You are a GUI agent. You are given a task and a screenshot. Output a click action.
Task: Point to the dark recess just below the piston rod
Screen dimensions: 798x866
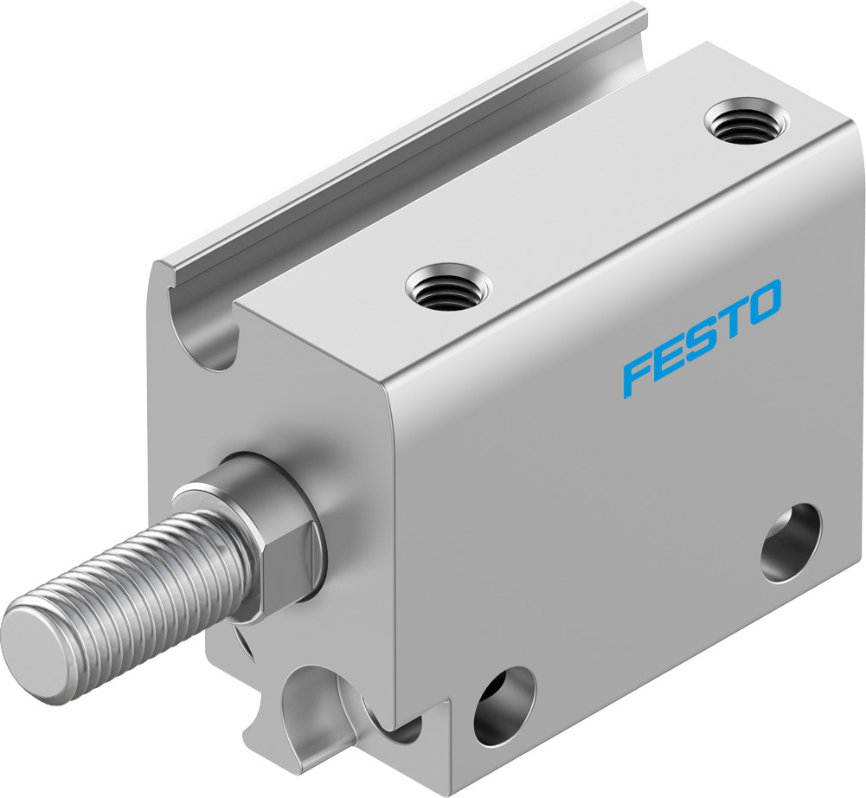pyautogui.click(x=243, y=645)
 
